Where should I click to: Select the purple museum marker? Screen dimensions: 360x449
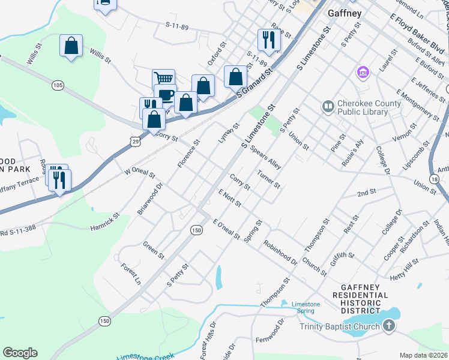(x=363, y=73)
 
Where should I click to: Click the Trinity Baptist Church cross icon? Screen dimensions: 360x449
(x=389, y=326)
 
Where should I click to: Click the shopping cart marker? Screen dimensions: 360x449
(x=163, y=79)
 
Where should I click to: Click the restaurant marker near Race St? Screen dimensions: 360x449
(x=268, y=40)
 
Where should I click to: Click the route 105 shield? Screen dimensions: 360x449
(x=58, y=85)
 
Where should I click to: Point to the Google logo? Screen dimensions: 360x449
(x=20, y=352)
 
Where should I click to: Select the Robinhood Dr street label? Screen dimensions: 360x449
(x=280, y=254)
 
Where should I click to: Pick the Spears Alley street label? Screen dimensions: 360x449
(x=266, y=155)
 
